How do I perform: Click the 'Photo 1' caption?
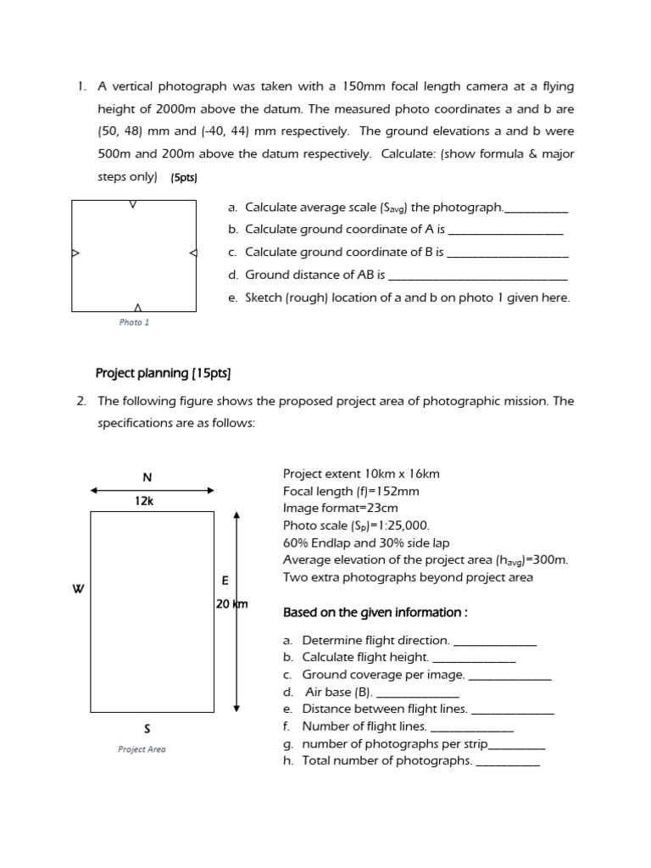[134, 322]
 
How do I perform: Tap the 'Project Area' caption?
[142, 749]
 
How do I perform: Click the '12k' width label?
[144, 501]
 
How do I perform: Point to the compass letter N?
[147, 478]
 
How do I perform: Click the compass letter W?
[78, 589]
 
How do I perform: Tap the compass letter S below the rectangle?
[147, 728]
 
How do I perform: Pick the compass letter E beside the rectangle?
[225, 581]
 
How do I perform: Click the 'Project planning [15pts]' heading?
[163, 373]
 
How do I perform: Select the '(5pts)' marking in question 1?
[184, 178]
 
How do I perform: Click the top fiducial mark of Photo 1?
[133, 204]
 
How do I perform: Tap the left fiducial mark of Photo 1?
[75, 253]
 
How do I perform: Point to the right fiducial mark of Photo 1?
[192, 253]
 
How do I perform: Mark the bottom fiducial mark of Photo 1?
[137, 307]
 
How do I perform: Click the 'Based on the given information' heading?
[376, 613]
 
